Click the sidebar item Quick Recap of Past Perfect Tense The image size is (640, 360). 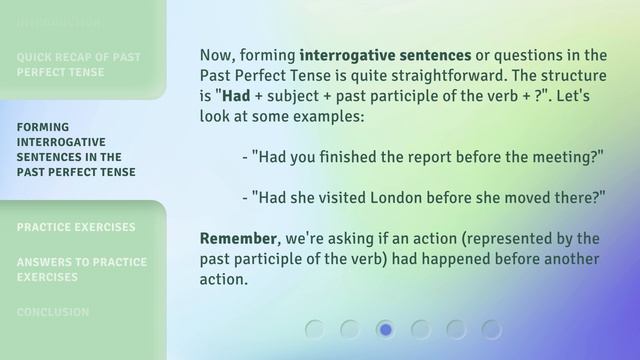tap(78, 64)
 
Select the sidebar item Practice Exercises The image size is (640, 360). tap(76, 227)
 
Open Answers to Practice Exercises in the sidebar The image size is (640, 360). tap(81, 269)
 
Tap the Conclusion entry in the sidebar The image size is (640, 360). tap(53, 312)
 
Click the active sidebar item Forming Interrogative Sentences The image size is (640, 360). tap(76, 149)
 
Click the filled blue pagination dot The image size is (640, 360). tap(385, 329)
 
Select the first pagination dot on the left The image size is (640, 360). tap(314, 329)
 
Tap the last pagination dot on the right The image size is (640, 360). tap(491, 329)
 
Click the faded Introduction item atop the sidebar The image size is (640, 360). tap(58, 21)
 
